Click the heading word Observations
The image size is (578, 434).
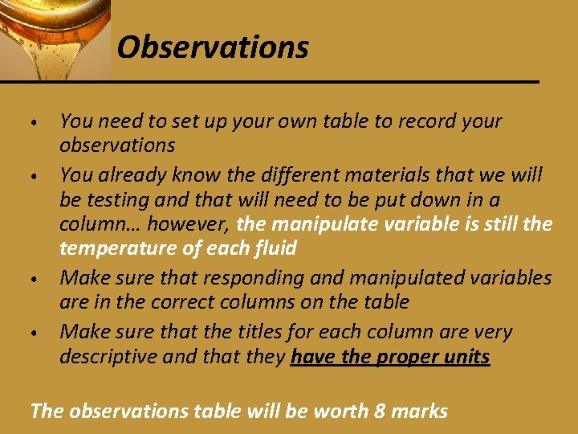pyautogui.click(x=213, y=47)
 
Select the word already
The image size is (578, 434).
pyautogui.click(x=128, y=174)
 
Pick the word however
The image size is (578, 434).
pyautogui.click(x=189, y=223)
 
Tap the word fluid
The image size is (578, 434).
pyautogui.click(x=274, y=248)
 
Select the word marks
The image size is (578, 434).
pyautogui.click(x=421, y=411)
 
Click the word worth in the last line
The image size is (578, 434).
pyautogui.click(x=343, y=411)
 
